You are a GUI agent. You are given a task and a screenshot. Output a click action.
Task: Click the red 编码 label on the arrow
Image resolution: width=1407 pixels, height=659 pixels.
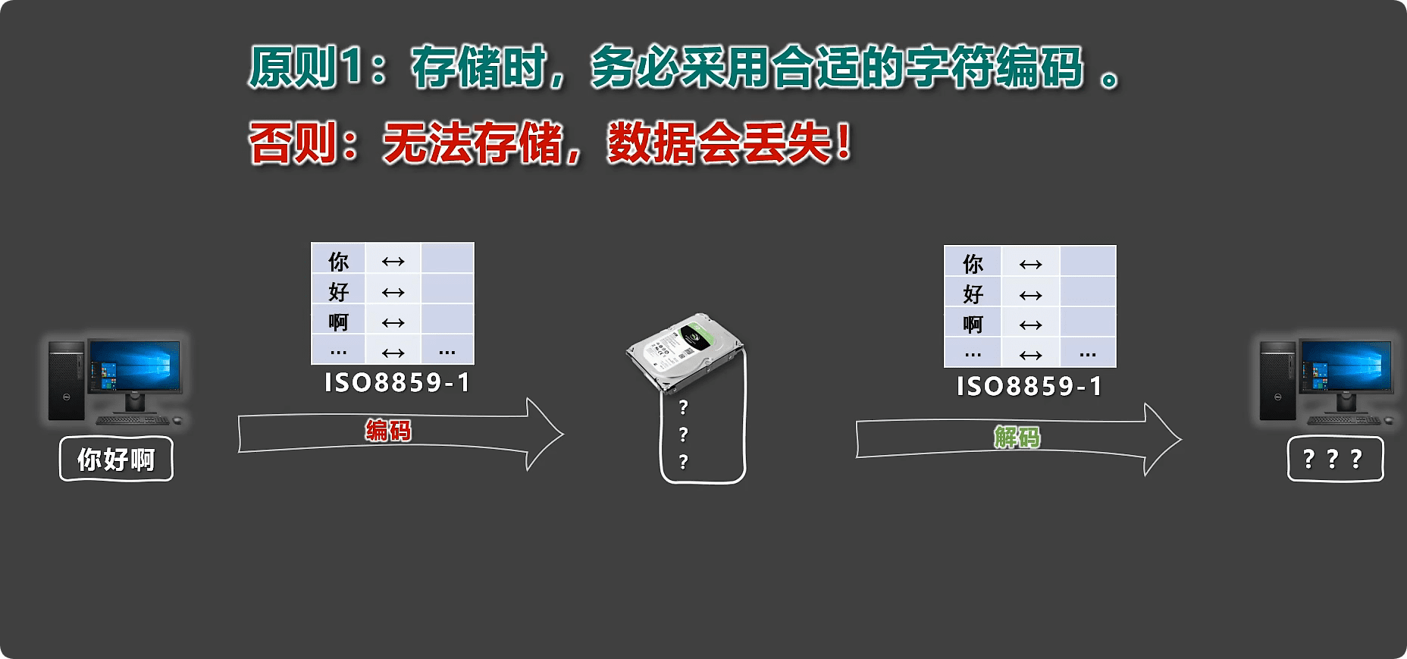[388, 431]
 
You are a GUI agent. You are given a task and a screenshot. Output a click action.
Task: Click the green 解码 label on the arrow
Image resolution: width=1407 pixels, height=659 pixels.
[1017, 437]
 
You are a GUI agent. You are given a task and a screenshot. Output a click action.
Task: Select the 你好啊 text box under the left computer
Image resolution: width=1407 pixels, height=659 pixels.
[116, 459]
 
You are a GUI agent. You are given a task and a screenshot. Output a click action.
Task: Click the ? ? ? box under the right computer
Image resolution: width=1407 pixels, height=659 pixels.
[1335, 459]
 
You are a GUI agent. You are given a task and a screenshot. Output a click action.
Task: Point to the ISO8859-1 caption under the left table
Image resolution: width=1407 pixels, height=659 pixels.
[397, 382]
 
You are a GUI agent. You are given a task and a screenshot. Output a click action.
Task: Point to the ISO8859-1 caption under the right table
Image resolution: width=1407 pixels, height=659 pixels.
[1029, 386]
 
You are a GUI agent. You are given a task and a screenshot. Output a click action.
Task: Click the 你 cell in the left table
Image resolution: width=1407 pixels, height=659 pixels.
[338, 262]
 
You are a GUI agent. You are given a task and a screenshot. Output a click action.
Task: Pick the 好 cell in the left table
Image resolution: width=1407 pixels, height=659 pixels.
[338, 292]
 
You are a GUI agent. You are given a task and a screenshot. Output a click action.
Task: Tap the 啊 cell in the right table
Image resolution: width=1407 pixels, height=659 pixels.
[973, 325]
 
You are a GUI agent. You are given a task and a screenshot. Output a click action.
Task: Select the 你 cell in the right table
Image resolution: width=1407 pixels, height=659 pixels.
[973, 264]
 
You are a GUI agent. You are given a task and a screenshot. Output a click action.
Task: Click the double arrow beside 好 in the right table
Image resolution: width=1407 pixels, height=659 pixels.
[1030, 295]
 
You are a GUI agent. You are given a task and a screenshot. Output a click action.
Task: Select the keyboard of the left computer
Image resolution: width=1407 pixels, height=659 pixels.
[133, 419]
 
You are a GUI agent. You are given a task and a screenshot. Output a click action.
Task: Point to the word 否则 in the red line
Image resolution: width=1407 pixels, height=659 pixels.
[293, 143]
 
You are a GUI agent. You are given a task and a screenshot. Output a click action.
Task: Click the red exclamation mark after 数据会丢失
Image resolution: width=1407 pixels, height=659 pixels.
[843, 143]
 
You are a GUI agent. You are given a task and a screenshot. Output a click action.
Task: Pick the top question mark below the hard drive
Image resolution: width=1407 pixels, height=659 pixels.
[683, 408]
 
